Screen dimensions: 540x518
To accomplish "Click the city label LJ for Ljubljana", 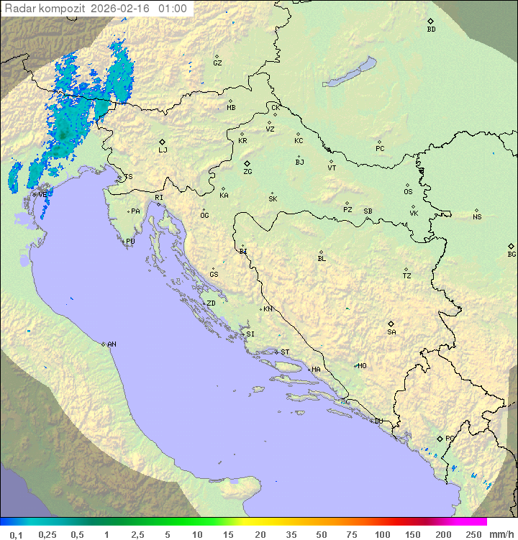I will pos(163,150).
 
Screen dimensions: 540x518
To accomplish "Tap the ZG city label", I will pos(247,172).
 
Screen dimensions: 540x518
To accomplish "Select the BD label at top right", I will pos(431,29).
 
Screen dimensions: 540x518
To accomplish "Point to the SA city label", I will pos(391,332).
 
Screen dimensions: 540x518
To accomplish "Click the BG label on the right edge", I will pos(512,254).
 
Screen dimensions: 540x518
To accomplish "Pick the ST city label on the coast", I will pos(285,352).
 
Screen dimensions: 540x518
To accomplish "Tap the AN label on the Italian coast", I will pos(112,344).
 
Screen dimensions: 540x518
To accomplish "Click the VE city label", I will pos(42,194).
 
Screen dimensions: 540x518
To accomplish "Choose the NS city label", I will pos(477,217).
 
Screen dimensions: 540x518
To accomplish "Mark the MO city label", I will pos(362,365).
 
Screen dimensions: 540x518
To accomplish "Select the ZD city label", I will pos(211,303).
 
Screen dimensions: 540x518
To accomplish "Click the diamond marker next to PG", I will pos(440,438).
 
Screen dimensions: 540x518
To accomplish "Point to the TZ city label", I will pos(407,276).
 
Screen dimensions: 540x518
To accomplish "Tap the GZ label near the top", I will pos(217,63).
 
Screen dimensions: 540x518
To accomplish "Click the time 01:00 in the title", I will pos(172,9).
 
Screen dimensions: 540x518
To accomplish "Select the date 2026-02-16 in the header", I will pos(122,9).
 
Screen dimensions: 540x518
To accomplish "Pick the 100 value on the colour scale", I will pos(382,534).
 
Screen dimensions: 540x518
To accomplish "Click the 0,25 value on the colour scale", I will pos(47,534).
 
